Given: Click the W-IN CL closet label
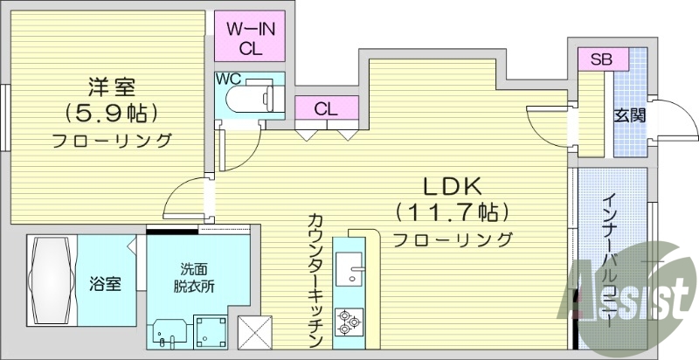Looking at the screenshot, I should (x=252, y=38).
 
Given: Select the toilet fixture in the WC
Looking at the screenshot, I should (x=253, y=98).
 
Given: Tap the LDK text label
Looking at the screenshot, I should (x=453, y=186).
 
